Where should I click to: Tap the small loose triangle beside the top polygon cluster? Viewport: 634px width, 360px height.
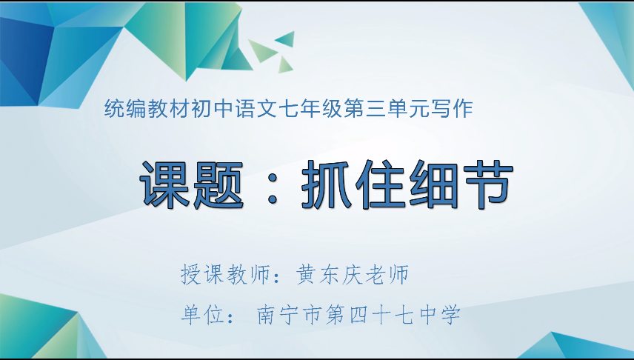(x=285, y=38)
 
